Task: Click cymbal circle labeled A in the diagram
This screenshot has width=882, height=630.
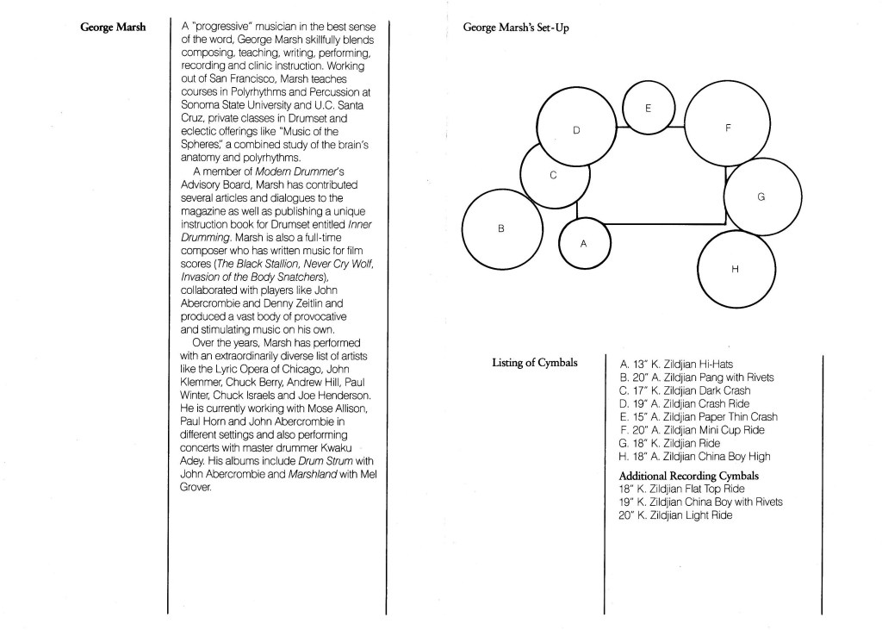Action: click(583, 243)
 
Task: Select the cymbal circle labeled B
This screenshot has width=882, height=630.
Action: click(502, 228)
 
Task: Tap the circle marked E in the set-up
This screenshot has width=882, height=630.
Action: click(648, 108)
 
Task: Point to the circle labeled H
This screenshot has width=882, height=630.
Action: click(734, 269)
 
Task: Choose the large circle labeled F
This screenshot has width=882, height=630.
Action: click(728, 128)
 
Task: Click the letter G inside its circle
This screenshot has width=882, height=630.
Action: click(761, 197)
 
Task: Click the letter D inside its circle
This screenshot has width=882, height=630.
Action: click(576, 130)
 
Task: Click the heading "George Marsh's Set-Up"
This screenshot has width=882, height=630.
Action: click(515, 28)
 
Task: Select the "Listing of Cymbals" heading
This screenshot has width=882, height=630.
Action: click(534, 362)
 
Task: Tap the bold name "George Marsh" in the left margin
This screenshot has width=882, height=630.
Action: click(113, 27)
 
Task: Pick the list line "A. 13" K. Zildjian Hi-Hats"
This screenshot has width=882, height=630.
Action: click(677, 365)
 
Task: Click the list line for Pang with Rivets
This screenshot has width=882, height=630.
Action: click(697, 377)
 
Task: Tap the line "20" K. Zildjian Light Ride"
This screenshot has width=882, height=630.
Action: click(675, 515)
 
